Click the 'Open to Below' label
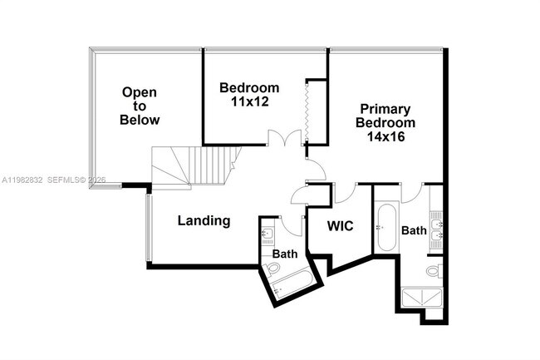coord(140,106)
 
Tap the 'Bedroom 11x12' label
coord(249,95)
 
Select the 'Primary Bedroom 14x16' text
coord(385,123)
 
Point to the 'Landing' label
coord(204,221)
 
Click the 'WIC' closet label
coord(341,225)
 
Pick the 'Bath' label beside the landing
coord(284,254)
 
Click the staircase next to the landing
coord(196,166)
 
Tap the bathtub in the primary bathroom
coord(385,229)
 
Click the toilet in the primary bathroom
coord(434,270)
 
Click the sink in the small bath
coord(267,232)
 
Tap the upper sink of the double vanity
coord(436,224)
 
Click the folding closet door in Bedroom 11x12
coord(307,112)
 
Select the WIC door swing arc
coord(345,193)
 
